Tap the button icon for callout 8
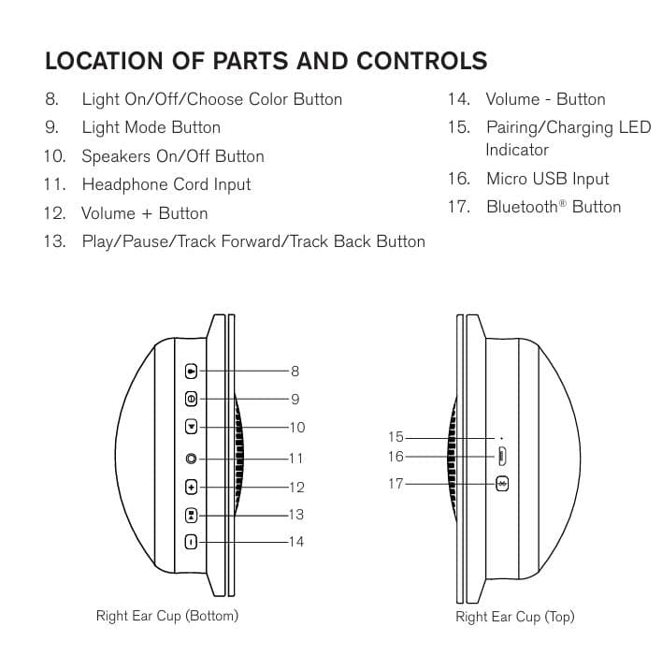pyautogui.click(x=192, y=371)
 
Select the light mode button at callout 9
pyautogui.click(x=192, y=399)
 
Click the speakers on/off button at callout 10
pyautogui.click(x=192, y=427)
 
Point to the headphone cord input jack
pyautogui.click(x=192, y=459)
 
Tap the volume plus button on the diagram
pyautogui.click(x=192, y=487)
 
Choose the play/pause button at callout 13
pyautogui.click(x=192, y=514)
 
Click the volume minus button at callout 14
pyautogui.click(x=192, y=541)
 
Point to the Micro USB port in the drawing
pyautogui.click(x=502, y=457)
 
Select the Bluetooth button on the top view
pyautogui.click(x=502, y=484)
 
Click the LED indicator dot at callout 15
pyautogui.click(x=502, y=437)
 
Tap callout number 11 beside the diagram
pyautogui.click(x=295, y=459)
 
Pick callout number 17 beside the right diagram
pyautogui.click(x=396, y=484)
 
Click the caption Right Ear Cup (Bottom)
pyautogui.click(x=167, y=616)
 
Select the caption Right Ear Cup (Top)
pyautogui.click(x=515, y=617)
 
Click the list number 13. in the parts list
pyautogui.click(x=54, y=241)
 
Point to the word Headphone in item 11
pyautogui.click(x=119, y=184)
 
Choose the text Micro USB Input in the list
pyautogui.click(x=547, y=179)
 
